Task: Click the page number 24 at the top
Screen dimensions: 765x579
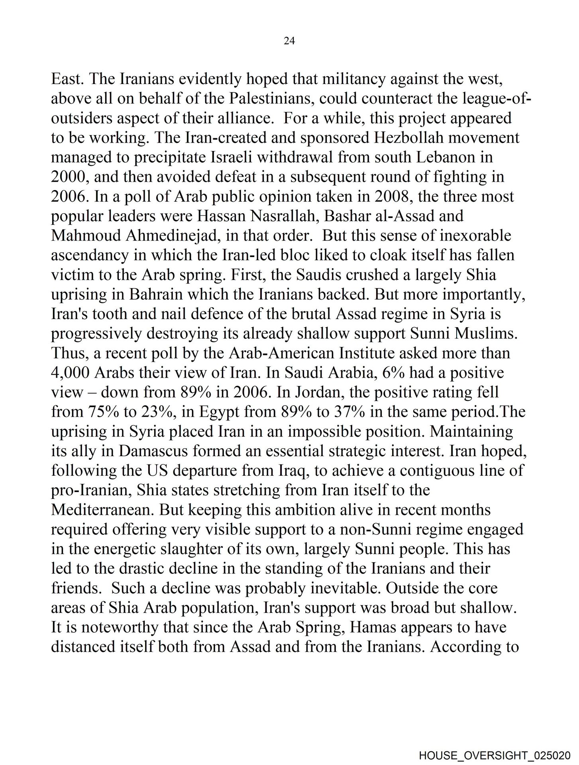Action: pyautogui.click(x=289, y=41)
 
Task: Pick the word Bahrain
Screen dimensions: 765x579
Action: pyautogui.click(x=155, y=294)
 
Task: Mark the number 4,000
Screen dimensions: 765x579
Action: pyautogui.click(x=71, y=373)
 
